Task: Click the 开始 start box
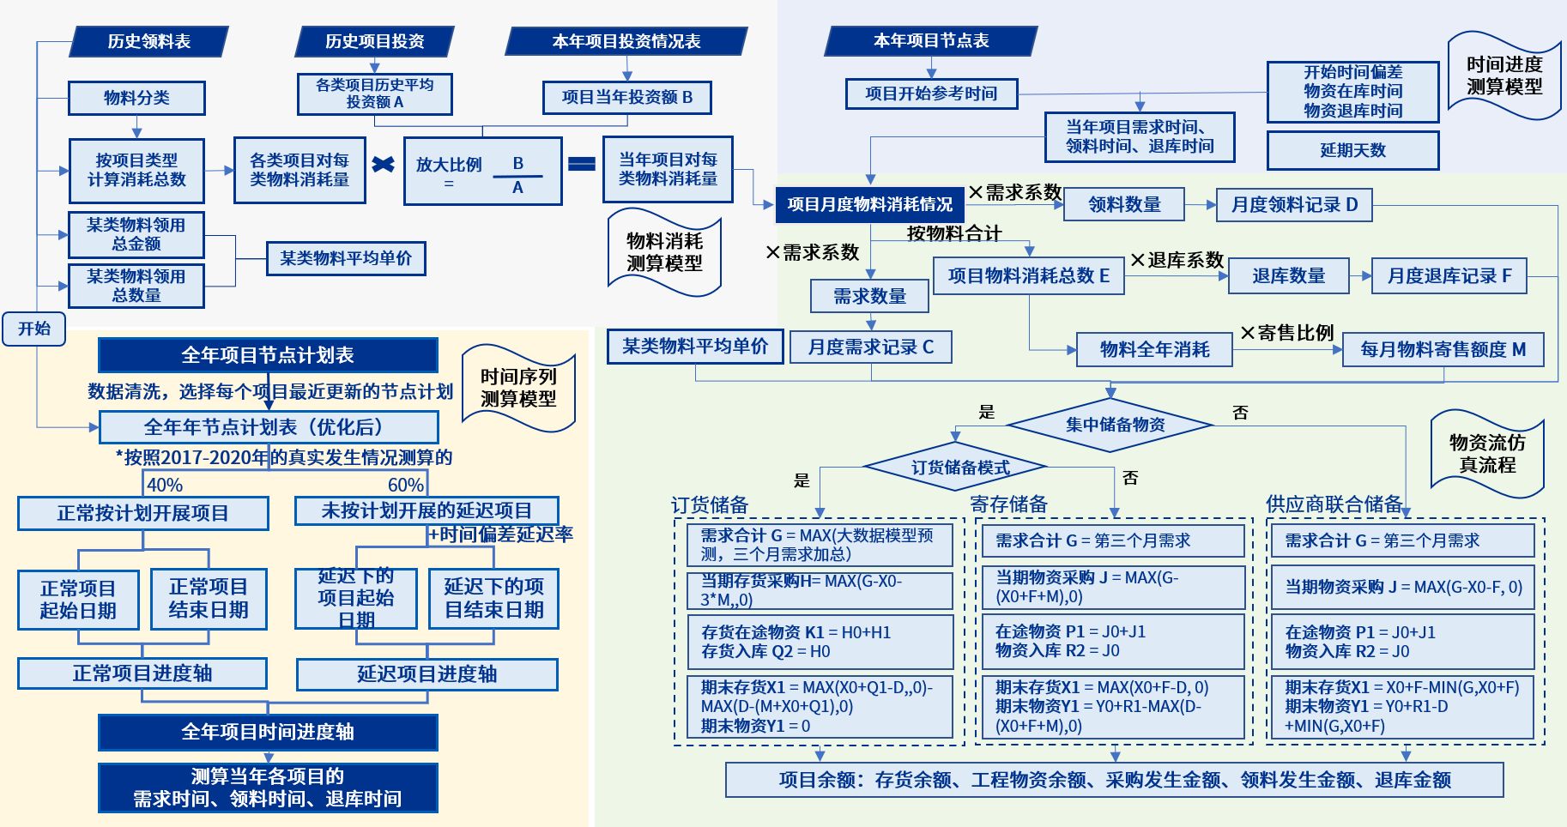point(34,329)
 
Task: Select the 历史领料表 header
point(148,41)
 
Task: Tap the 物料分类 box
point(136,98)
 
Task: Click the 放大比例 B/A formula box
point(482,172)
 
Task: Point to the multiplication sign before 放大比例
point(384,164)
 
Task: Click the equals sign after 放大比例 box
point(582,164)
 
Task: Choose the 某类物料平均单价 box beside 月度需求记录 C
point(694,347)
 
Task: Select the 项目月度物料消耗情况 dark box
point(869,204)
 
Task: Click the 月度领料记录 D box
point(1293,205)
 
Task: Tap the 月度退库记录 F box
point(1449,276)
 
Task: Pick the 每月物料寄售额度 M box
point(1443,349)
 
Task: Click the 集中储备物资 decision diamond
point(1114,425)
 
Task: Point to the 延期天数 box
point(1352,150)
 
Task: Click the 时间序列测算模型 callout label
point(518,388)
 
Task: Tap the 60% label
point(405,485)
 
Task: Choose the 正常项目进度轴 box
point(142,673)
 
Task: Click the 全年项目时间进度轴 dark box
point(268,732)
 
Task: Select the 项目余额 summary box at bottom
point(1114,780)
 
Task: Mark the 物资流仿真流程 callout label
point(1487,454)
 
